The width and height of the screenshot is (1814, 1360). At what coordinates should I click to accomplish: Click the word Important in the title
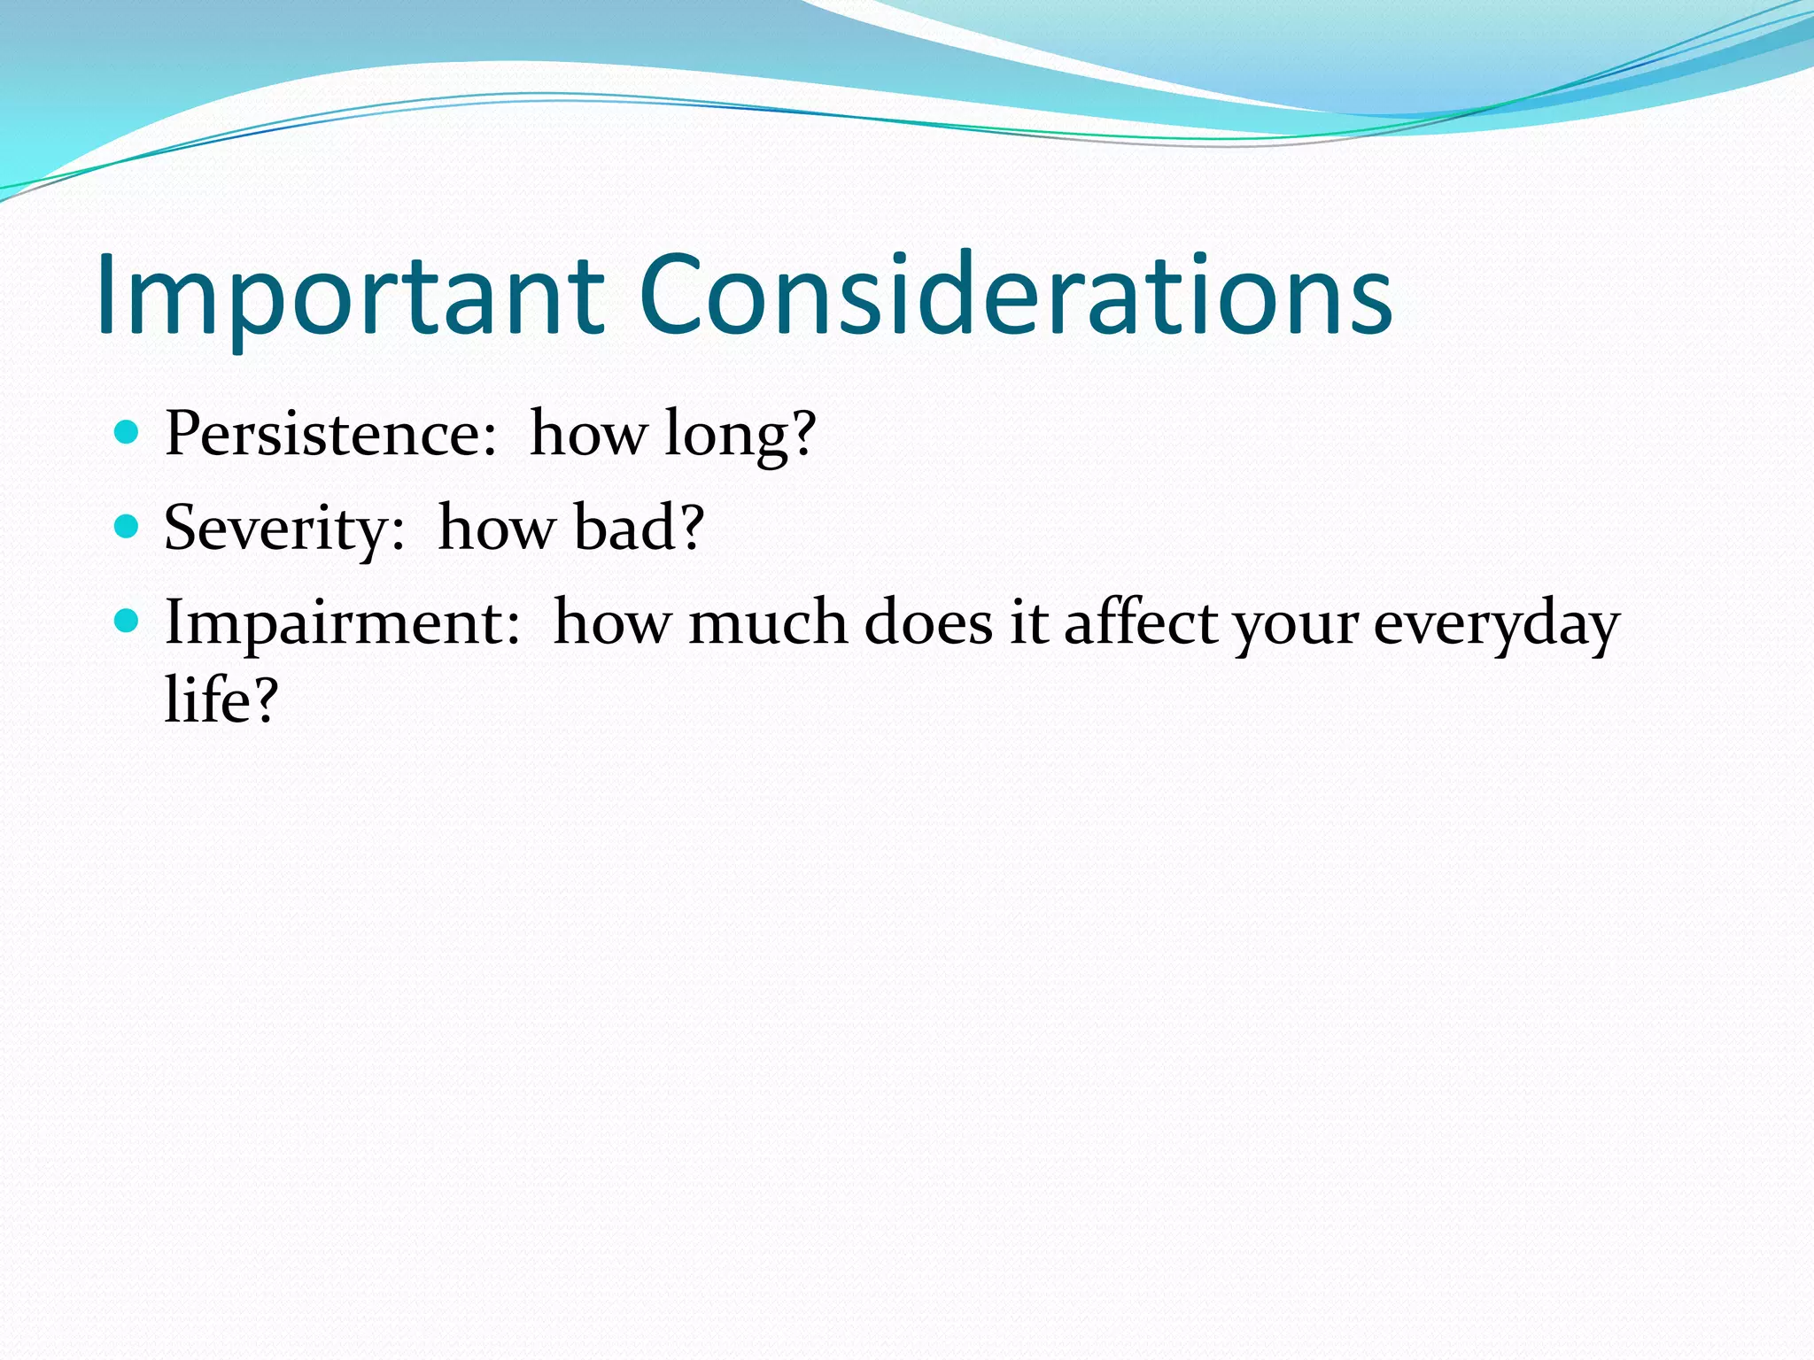coord(350,297)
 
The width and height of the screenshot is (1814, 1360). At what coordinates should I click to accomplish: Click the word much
coord(768,622)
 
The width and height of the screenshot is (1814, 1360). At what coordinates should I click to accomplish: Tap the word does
coord(928,622)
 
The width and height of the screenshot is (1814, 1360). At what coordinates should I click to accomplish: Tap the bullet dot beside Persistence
coord(128,432)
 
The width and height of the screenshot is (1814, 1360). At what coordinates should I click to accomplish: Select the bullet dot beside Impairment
coord(128,622)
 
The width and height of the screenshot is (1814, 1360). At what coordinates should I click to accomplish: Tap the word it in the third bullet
coord(1029,622)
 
